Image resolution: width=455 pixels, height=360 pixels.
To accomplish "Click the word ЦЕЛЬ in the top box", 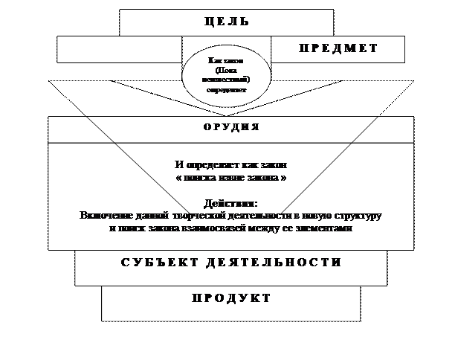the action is (226, 22).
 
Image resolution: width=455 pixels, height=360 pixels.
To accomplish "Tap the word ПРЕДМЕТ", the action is (338, 48).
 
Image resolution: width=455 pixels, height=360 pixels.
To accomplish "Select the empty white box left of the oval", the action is (119, 50).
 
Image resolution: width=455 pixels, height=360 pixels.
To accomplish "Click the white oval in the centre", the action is (226, 74).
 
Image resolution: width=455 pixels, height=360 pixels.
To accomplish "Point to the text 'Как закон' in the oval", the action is (226, 61).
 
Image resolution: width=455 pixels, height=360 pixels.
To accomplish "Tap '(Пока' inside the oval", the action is (226, 70).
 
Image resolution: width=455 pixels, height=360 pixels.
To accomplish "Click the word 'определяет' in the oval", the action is (226, 89).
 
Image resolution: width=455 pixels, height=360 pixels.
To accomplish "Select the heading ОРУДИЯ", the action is (231, 127).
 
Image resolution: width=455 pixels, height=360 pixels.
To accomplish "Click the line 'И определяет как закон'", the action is (230, 164).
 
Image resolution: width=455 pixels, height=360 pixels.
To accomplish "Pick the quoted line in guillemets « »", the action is (230, 179).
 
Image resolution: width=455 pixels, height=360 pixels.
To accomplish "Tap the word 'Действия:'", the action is (230, 202).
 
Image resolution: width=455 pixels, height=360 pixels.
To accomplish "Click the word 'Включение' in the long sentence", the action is (104, 215).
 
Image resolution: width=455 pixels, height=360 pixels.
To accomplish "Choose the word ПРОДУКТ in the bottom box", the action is (230, 298).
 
